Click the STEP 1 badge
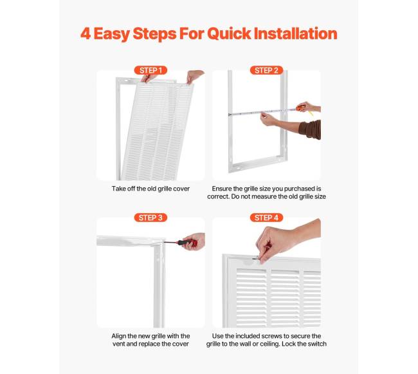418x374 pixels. (150, 70)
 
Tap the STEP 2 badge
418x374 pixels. (266, 70)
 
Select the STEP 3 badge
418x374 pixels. (150, 218)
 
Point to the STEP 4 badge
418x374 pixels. (266, 218)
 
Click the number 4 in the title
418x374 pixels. (86, 33)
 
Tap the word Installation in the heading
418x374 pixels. (295, 33)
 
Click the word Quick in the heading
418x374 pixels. (229, 34)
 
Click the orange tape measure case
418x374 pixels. (300, 108)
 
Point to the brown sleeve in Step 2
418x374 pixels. (311, 129)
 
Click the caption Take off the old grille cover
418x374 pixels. (150, 189)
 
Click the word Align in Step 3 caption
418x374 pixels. (119, 336)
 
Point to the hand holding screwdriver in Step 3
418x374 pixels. (194, 241)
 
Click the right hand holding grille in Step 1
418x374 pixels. (194, 77)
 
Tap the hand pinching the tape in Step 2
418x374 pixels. (268, 119)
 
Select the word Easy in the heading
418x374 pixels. (111, 34)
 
